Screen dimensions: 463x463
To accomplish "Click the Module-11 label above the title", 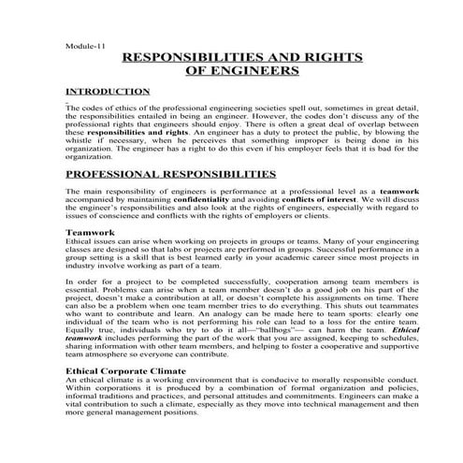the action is [x=84, y=43].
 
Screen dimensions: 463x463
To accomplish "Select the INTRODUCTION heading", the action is [x=108, y=92].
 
